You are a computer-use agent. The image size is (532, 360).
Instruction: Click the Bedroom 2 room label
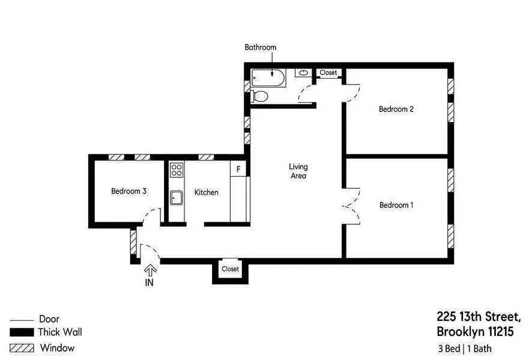396,109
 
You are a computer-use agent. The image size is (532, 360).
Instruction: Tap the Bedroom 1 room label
396,205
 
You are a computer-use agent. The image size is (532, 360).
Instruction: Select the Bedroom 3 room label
128,191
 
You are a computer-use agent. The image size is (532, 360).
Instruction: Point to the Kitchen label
206,192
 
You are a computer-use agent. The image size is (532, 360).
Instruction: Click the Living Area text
298,171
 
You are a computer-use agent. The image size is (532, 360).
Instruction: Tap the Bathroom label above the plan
260,47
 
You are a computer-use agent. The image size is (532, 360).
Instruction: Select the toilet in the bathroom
260,96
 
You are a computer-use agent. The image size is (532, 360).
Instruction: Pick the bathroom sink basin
304,73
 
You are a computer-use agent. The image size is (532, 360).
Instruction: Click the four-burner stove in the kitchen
177,169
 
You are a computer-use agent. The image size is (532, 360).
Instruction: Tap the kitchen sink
177,197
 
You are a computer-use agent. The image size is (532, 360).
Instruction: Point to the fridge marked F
238,169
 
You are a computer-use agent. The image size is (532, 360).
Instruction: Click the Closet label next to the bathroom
328,73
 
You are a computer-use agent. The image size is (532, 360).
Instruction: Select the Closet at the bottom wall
230,269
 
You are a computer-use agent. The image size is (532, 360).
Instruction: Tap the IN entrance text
150,283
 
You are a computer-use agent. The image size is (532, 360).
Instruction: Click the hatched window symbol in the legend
22,348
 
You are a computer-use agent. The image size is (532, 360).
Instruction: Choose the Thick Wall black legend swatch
22,332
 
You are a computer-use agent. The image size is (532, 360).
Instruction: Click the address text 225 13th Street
478,317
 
